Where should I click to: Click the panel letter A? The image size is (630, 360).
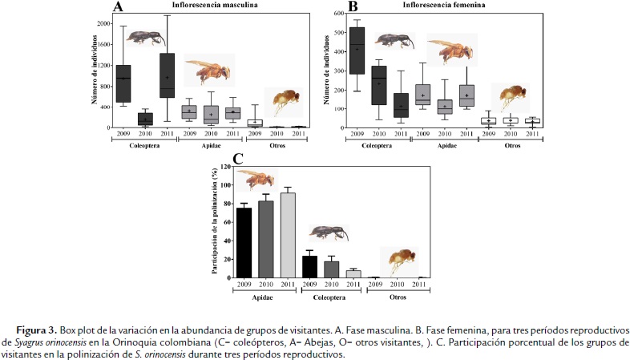pyautogui.click(x=118, y=8)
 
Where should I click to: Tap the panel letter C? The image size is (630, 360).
pyautogui.click(x=215, y=160)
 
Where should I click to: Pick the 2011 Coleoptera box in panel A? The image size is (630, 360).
pyautogui.click(x=167, y=76)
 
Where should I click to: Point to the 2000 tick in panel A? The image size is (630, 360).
pyautogui.click(x=103, y=23)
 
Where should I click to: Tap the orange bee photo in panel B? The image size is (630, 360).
pyautogui.click(x=450, y=51)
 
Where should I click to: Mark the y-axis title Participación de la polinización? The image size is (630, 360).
pyautogui.click(x=215, y=221)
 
